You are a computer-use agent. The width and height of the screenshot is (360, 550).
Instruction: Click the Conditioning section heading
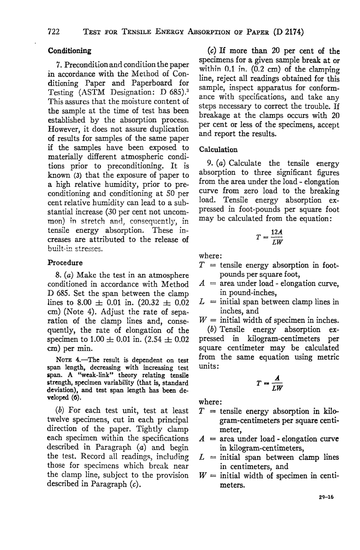pos(69,50)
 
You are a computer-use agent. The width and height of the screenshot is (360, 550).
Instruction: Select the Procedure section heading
pos(65,262)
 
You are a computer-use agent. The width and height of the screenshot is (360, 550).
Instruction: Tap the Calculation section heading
pos(218,150)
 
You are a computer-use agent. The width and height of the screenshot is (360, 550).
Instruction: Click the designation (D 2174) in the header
pos(288,32)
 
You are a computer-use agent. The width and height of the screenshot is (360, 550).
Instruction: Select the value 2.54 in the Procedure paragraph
pos(153,339)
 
